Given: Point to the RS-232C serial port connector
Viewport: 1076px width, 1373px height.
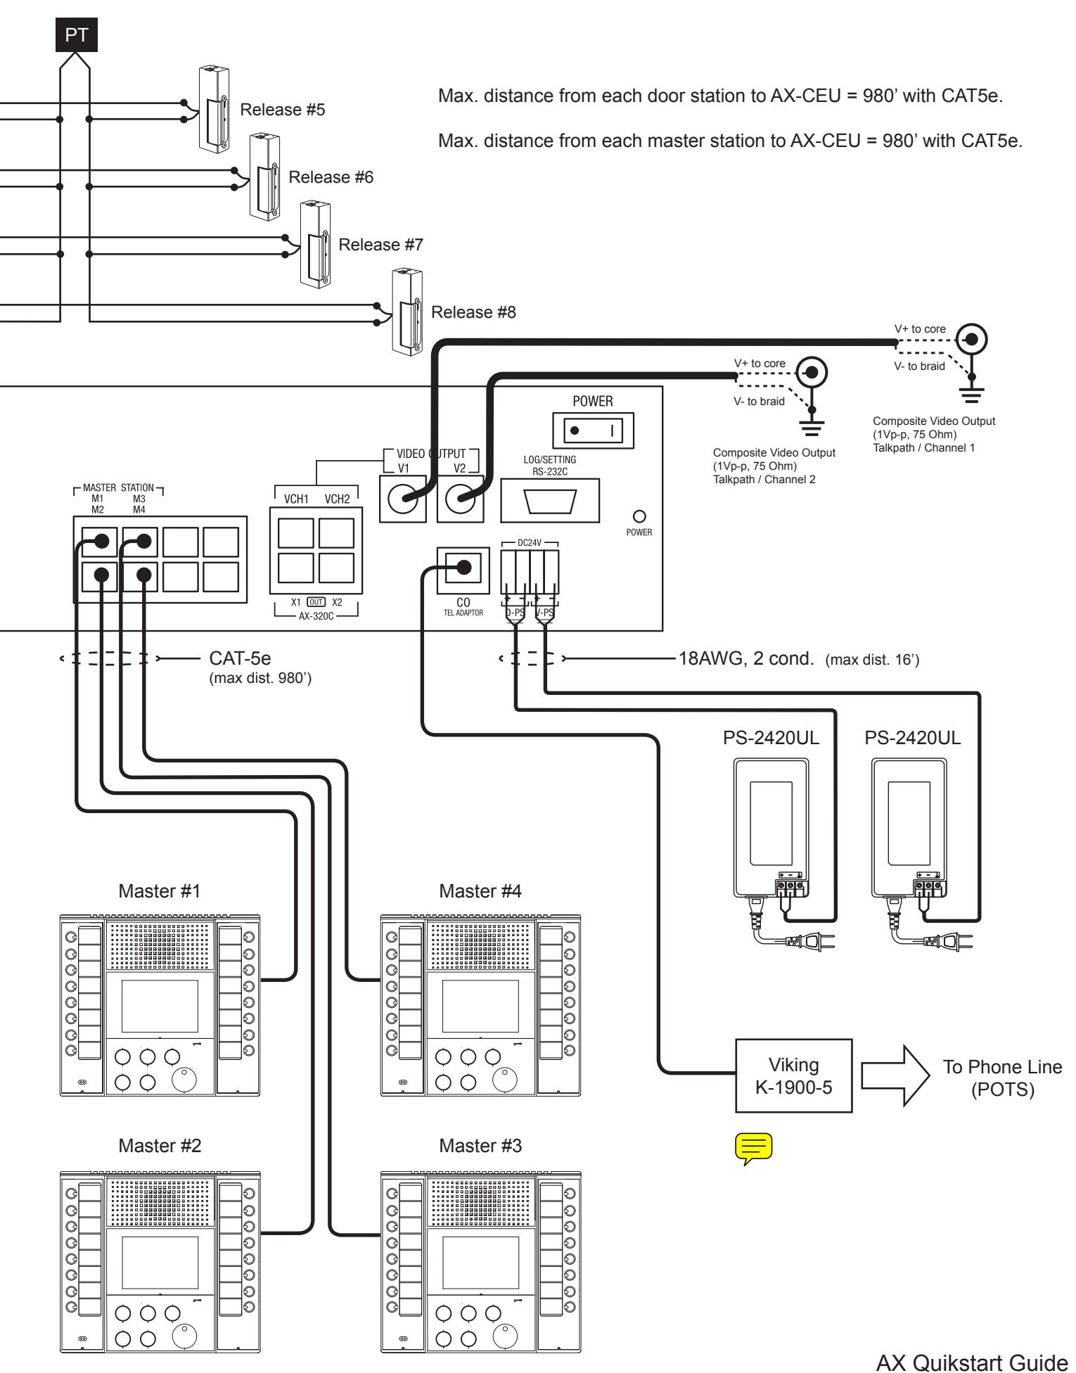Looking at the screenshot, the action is pos(550,502).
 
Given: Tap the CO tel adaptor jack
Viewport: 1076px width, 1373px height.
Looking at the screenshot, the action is pos(462,568).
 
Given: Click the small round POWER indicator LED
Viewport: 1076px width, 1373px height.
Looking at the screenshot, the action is pos(639,515).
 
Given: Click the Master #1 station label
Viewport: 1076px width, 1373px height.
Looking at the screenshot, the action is pos(160,891).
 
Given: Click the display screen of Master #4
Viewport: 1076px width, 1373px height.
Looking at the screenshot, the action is pos(480,1007).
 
